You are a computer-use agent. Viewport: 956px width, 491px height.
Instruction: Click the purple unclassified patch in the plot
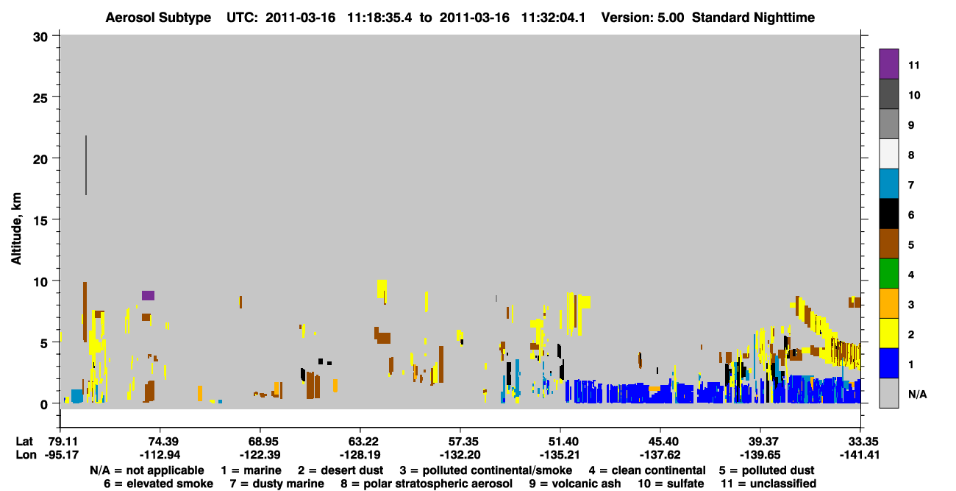click(148, 295)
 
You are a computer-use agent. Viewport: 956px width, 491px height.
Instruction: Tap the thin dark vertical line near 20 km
click(86, 166)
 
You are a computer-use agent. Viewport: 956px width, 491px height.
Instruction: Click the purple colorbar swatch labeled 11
click(888, 63)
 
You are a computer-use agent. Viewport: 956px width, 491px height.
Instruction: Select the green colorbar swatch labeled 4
click(888, 274)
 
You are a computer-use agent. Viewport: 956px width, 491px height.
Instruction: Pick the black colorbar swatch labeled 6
click(888, 213)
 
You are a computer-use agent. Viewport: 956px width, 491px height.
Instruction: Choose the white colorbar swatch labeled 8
click(888, 154)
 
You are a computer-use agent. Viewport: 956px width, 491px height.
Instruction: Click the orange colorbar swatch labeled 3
click(888, 303)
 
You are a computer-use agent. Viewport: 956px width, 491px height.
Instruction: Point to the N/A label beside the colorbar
click(917, 394)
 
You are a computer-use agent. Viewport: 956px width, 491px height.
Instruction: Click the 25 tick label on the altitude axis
click(40, 98)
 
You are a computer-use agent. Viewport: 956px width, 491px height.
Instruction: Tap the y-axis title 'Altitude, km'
click(15, 229)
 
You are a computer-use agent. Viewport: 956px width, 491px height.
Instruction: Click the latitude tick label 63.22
click(360, 441)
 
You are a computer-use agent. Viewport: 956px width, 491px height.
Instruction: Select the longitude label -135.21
click(560, 455)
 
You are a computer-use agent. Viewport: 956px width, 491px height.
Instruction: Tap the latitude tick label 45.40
click(660, 441)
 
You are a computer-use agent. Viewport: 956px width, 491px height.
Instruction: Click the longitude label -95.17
click(62, 455)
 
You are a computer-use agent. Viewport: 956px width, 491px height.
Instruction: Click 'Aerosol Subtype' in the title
click(158, 18)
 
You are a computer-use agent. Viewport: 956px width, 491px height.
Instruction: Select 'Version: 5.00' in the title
click(643, 18)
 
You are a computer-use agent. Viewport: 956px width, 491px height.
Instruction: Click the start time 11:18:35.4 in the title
click(380, 18)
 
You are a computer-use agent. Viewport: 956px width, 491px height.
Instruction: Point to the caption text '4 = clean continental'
click(647, 470)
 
